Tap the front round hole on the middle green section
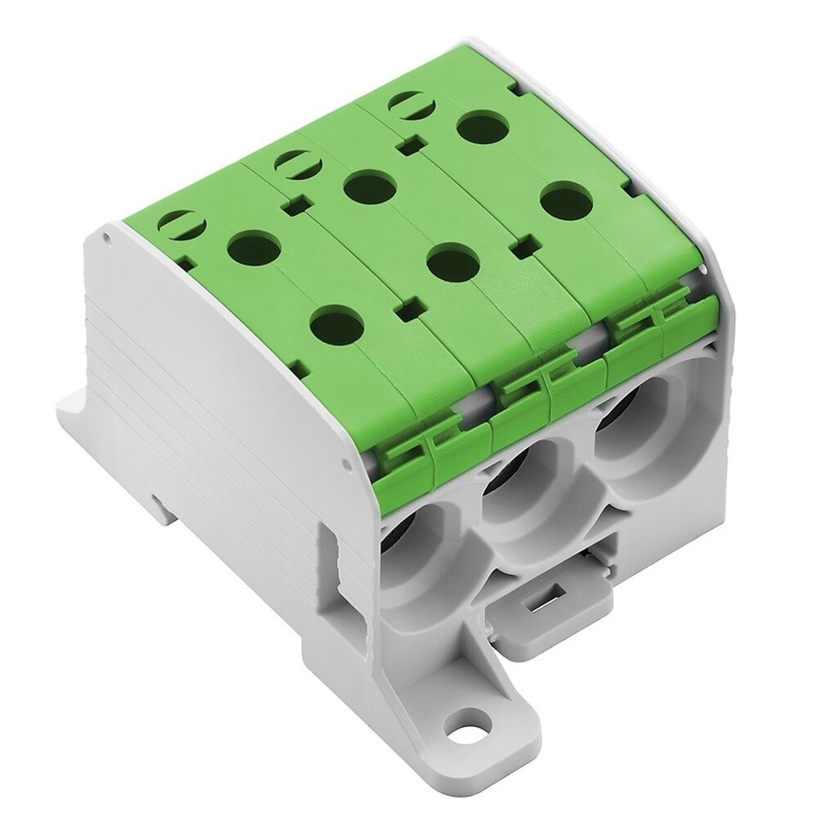pyautogui.click(x=452, y=263)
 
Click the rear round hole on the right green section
pyautogui.click(x=481, y=127)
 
